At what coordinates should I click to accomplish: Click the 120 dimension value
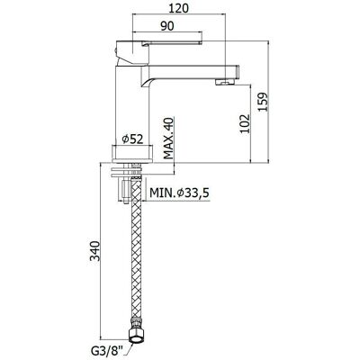(179, 8)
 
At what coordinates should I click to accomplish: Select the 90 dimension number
(167, 26)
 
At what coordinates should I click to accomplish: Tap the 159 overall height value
(263, 102)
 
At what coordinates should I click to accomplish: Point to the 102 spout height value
(245, 123)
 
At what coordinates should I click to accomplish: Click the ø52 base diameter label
(132, 139)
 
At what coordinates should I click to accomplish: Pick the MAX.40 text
(169, 139)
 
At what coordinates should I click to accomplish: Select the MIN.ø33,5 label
(179, 193)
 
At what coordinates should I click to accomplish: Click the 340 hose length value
(95, 250)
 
